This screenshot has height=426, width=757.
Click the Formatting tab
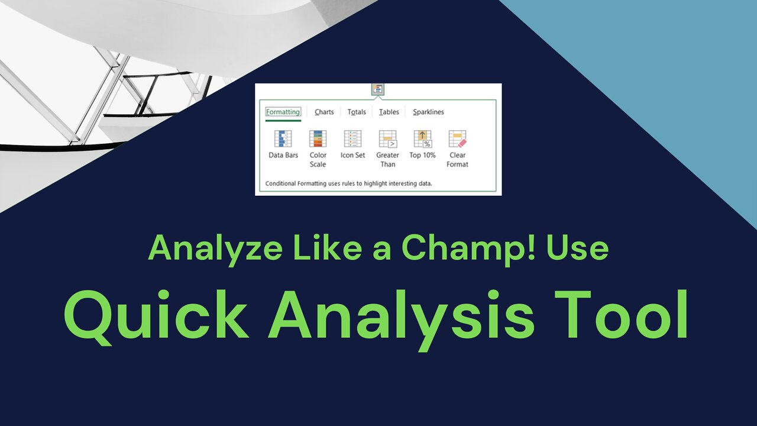283,112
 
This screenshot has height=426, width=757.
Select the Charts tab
324,112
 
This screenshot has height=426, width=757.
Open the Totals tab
357,112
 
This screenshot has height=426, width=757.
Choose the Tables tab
389,112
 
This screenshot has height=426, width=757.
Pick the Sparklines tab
429,112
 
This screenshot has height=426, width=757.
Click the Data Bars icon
283,139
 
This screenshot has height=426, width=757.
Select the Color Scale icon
318,139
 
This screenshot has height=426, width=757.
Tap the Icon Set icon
352,139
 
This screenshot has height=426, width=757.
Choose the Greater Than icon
388,139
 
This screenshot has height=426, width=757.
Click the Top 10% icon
422,139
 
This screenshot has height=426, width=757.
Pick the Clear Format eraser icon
457,139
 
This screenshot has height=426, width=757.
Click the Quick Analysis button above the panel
378,89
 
